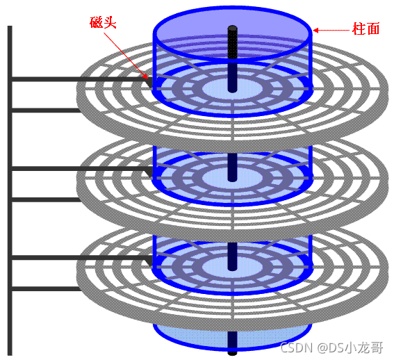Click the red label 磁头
[103, 22]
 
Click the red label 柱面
[366, 28]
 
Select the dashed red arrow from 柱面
[331, 31]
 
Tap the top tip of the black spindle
[232, 26]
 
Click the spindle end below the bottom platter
[232, 352]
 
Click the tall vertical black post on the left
[10, 190]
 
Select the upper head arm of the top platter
[81, 79]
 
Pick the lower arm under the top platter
[46, 111]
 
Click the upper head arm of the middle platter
[81, 168]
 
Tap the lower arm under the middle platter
[46, 199]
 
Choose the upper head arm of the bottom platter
[81, 257]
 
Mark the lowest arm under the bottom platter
[46, 288]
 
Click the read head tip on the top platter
[149, 83]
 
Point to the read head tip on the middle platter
[149, 172]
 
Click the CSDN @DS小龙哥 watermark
[331, 347]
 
